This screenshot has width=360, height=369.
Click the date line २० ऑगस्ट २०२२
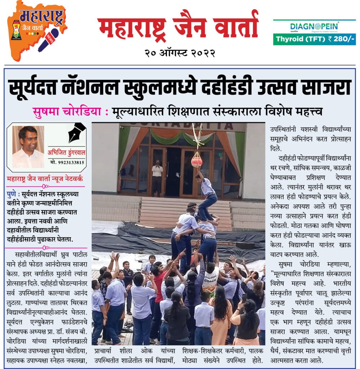180,53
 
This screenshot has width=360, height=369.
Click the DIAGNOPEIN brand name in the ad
314,26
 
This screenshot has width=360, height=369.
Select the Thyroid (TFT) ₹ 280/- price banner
314,39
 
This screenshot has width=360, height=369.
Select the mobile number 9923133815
67,162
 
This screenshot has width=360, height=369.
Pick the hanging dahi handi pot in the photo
196,159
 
